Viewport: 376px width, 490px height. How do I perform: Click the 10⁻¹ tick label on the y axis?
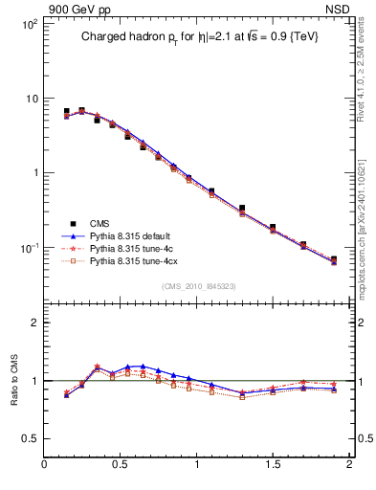tap(26, 248)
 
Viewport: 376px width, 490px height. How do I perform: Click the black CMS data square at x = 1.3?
tap(242, 208)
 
